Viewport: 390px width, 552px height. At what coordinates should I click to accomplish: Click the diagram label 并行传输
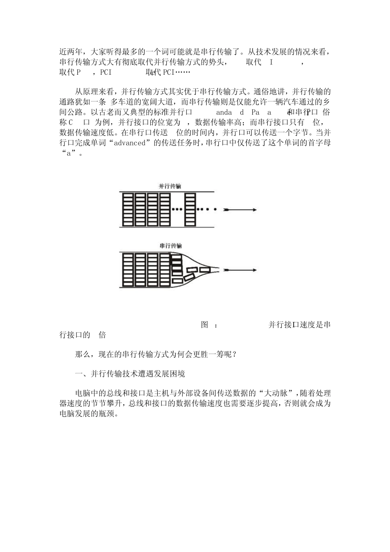[170, 186]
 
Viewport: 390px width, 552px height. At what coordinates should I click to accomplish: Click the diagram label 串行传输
[170, 246]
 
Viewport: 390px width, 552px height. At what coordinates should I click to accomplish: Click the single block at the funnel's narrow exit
[203, 270]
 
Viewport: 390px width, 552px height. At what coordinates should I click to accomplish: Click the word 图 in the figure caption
[205, 325]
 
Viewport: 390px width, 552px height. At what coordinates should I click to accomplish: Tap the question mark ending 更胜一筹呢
[234, 354]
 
